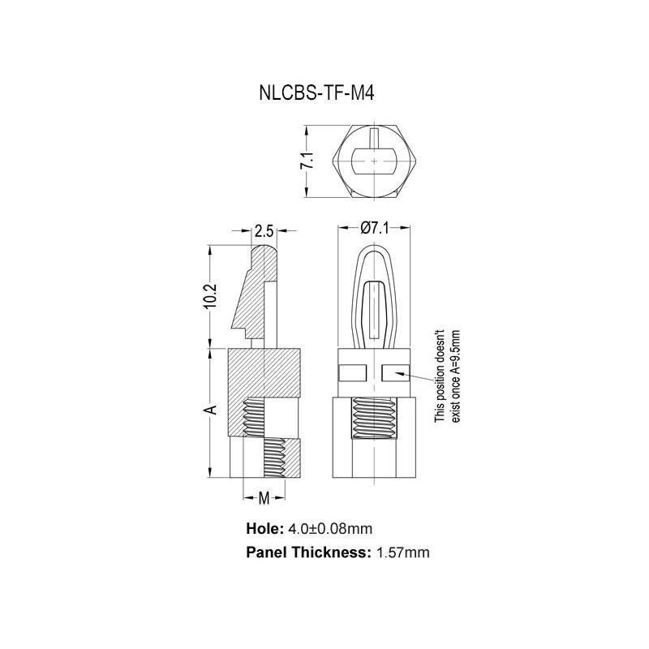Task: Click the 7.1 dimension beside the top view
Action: tap(307, 161)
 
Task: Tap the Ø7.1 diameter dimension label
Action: tap(373, 230)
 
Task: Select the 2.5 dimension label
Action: tap(264, 230)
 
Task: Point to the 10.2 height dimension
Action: tap(209, 295)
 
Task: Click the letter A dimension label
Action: tap(210, 410)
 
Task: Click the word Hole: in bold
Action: tap(264, 529)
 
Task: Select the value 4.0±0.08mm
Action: tap(329, 529)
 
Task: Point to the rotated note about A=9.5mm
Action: tap(447, 375)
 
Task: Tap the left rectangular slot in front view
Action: tap(352, 373)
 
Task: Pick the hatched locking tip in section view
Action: tap(256, 296)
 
